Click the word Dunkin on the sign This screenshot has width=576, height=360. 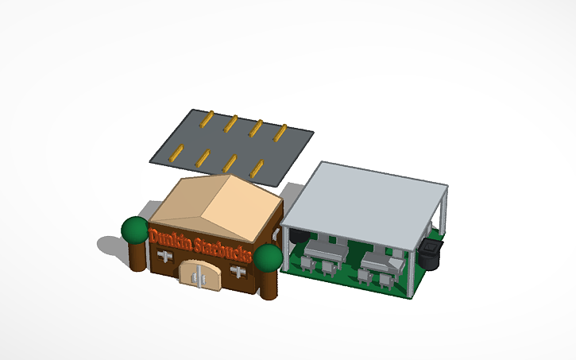coord(169,238)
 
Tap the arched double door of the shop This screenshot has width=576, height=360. coord(199,276)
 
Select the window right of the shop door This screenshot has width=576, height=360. coord(237,272)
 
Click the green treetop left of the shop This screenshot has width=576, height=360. coord(134,230)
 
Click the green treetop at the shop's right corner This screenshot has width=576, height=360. coord(269,257)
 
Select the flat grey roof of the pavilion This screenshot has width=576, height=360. coord(365,199)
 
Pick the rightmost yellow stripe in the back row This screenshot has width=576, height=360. coord(280,133)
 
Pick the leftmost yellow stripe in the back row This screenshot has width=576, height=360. coord(206,120)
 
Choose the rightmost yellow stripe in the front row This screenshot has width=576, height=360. coord(257,168)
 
